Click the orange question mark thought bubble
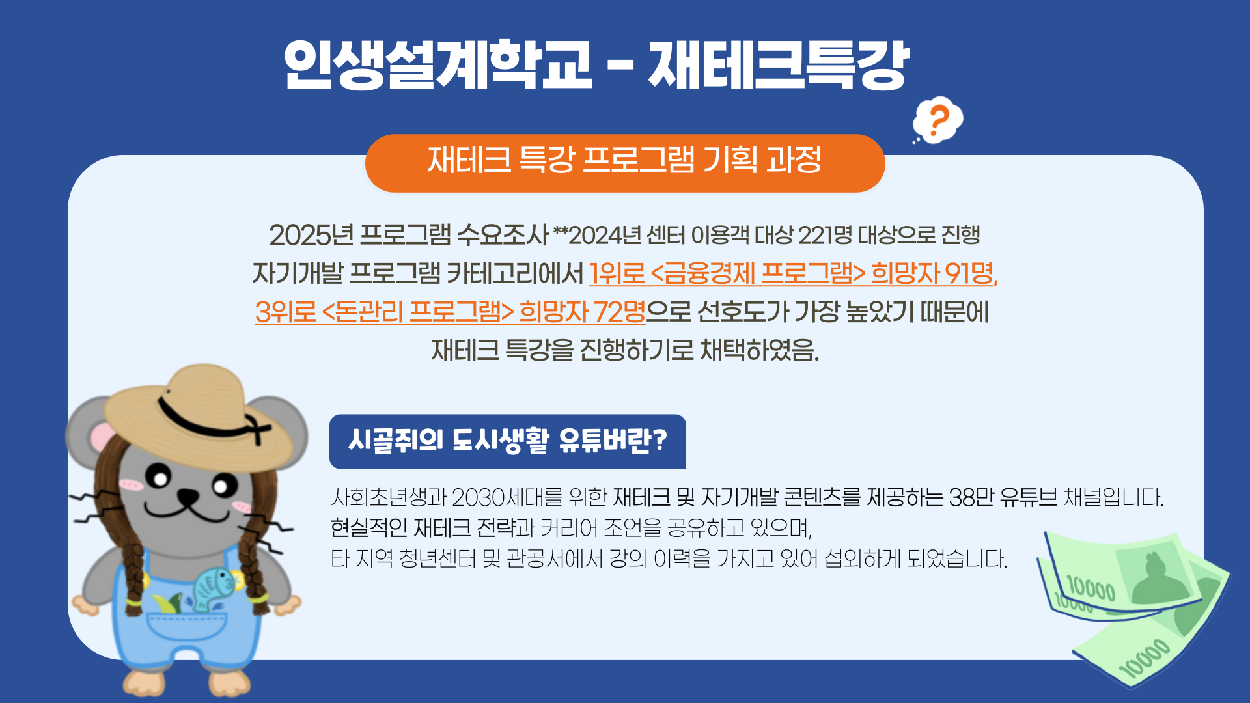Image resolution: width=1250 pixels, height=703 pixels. point(937,120)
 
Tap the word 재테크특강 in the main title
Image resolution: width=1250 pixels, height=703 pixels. point(779,65)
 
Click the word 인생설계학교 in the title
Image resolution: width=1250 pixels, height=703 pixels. point(438,65)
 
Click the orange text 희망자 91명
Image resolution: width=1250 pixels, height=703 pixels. point(934,273)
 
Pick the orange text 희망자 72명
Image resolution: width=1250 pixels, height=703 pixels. point(582,312)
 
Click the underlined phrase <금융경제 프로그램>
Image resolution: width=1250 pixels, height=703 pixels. point(758,273)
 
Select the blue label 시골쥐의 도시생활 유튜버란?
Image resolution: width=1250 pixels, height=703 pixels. point(508,441)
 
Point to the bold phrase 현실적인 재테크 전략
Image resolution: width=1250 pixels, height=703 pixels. point(423,528)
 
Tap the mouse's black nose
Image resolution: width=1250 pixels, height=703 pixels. point(188,498)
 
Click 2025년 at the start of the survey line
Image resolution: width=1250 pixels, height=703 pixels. point(311,235)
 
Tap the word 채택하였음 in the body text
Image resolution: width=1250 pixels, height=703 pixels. point(759,350)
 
